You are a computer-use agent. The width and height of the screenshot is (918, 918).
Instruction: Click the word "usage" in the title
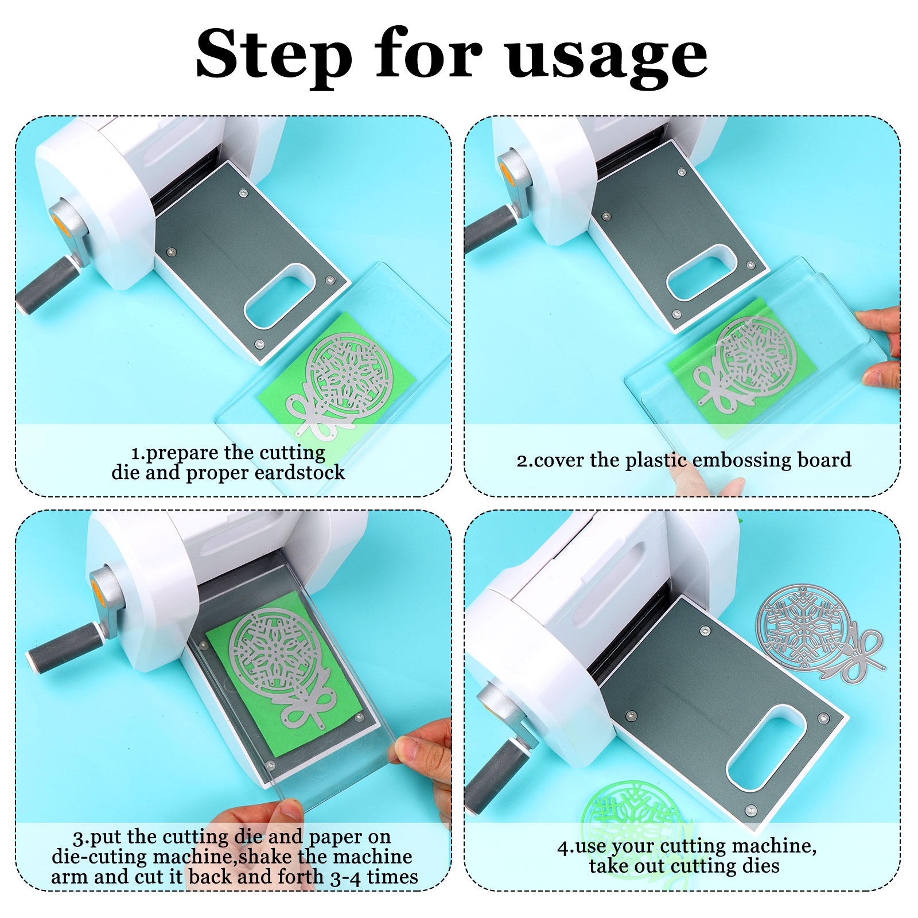tap(607, 57)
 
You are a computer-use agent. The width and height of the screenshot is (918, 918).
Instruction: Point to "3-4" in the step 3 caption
tap(346, 877)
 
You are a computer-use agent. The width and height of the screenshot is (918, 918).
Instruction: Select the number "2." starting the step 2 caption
tap(524, 461)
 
